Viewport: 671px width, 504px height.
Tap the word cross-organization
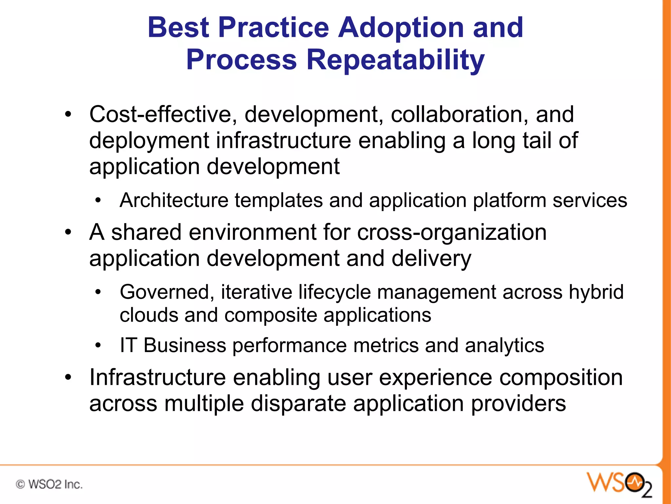(452, 232)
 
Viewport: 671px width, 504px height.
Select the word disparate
(298, 404)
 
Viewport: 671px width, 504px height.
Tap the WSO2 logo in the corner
(619, 484)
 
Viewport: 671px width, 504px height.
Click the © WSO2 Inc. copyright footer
(49, 484)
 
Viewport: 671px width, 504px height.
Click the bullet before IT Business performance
(98, 346)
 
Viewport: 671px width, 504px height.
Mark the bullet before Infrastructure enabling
(68, 378)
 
